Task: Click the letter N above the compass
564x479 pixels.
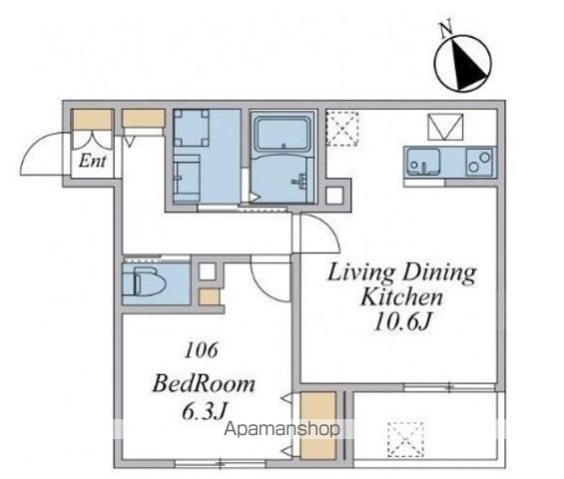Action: [x=446, y=30]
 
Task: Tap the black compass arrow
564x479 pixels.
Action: [x=467, y=65]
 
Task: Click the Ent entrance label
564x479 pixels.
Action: [x=93, y=161]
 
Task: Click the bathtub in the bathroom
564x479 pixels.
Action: [x=282, y=133]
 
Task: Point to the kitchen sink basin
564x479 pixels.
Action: [x=423, y=162]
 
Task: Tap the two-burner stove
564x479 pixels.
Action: [x=480, y=162]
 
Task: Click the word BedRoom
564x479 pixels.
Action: [x=204, y=384]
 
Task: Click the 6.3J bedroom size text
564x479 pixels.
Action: [x=205, y=411]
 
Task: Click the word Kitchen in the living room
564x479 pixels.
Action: [x=401, y=296]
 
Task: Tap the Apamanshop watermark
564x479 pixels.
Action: [x=282, y=429]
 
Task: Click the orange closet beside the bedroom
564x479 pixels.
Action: [x=317, y=426]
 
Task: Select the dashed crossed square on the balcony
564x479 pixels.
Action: [x=405, y=439]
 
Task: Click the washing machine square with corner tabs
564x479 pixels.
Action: [x=191, y=128]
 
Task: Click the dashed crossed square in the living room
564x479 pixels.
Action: [x=342, y=129]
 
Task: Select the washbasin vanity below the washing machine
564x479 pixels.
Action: [x=187, y=179]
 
